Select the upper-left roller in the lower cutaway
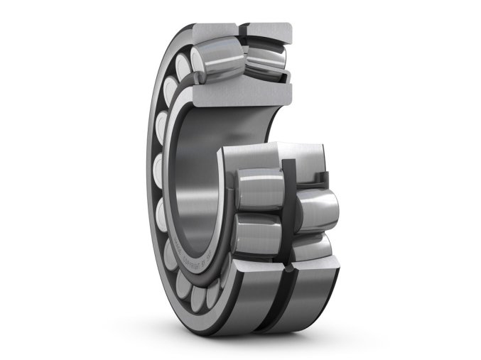pos(257,189)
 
